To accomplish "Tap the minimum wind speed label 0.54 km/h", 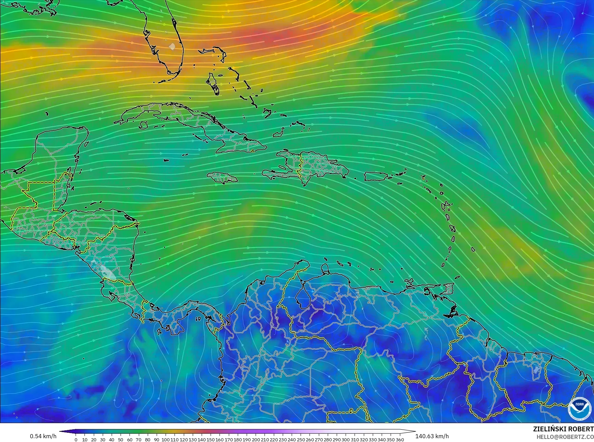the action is pos(43,436).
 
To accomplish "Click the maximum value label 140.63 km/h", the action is pos(432,436).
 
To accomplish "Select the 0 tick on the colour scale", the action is pos(76,440).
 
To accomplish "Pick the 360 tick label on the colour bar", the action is pos(400,440).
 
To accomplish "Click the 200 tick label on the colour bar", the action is pos(256,440).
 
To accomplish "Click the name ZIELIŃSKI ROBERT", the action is pos(563,429).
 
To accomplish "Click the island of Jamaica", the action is pos(222,178).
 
